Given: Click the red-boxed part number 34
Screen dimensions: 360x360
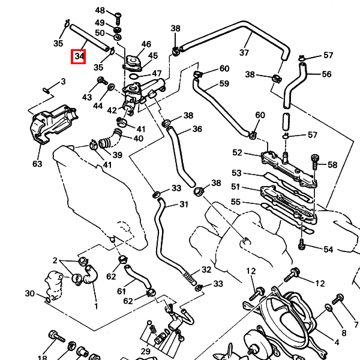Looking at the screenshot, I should coord(79,57).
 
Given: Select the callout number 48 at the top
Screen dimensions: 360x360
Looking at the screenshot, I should coord(100,11).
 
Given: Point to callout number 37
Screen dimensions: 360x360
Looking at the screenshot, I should coord(244,53).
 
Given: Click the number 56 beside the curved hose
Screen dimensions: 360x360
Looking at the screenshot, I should coord(326,74).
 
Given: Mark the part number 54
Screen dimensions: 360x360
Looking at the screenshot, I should coord(328,249).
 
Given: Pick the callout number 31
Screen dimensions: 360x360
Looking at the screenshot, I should coord(183,204).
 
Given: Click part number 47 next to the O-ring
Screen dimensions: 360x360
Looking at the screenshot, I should coord(157,74).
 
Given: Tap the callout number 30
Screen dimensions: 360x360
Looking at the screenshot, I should coord(29,293).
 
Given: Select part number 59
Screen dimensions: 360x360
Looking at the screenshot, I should coord(224,83).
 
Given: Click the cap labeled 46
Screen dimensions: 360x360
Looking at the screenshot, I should coord(133,61).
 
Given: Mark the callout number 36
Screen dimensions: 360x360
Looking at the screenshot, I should coord(197,129).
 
